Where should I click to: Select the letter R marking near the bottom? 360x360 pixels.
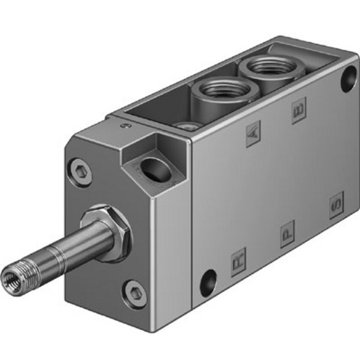[x=238, y=265]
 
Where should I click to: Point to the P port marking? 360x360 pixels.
[x=287, y=235]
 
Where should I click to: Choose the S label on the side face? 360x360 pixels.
[x=336, y=205]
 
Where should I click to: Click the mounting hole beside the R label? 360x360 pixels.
[x=208, y=283]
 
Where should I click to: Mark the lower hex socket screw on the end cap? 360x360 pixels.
[x=132, y=292]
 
